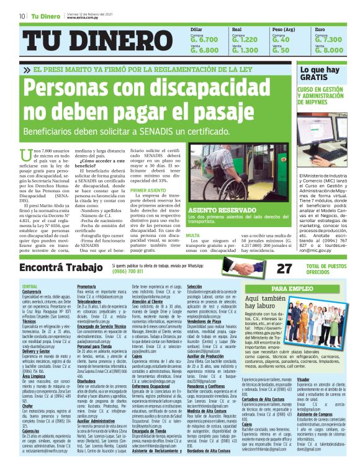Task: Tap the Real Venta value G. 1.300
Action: click(245, 50)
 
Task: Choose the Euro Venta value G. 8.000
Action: click(328, 50)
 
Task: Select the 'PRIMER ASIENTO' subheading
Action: click(148, 190)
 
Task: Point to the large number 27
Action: click(266, 268)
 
